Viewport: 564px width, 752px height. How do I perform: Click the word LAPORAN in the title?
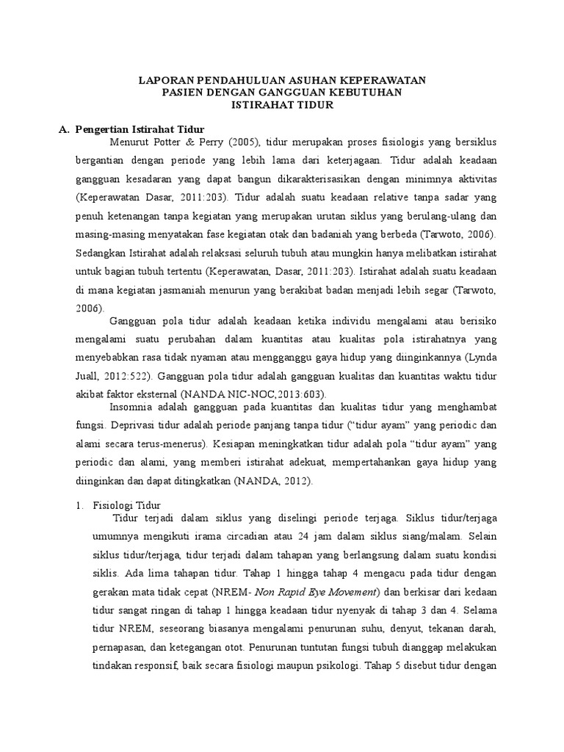tap(163, 80)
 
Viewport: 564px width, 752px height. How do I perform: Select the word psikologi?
tap(328, 667)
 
